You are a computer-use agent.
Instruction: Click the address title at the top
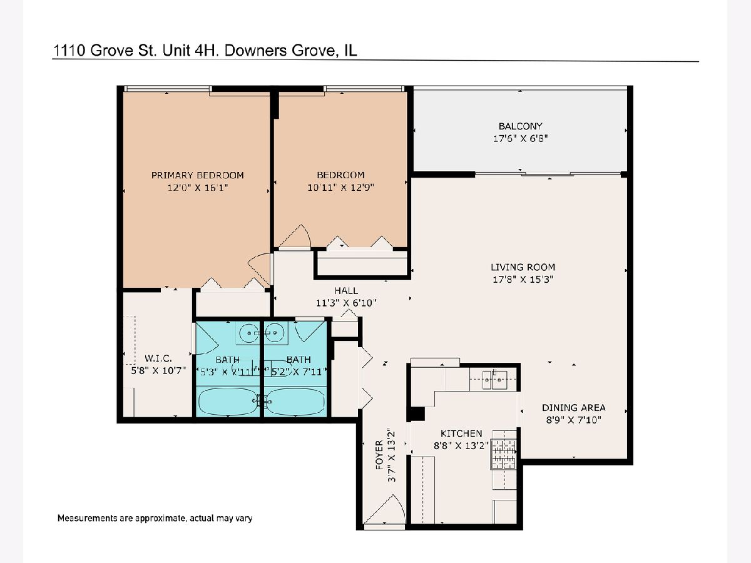205,51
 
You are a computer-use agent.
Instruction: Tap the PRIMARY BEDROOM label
197,175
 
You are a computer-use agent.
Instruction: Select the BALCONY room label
521,126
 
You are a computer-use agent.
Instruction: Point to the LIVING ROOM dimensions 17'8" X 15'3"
523,279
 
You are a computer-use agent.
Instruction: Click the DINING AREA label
573,407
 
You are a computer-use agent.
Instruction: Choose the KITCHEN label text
461,434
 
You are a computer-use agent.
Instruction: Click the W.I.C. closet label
158,358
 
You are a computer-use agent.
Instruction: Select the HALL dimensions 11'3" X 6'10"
346,303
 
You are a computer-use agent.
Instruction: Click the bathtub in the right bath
295,402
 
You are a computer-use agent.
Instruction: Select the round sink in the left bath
249,332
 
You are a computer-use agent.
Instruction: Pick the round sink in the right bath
274,332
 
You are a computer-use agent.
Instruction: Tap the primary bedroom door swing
259,270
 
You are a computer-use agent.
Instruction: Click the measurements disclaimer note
155,518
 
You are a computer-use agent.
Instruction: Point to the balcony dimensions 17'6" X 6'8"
521,138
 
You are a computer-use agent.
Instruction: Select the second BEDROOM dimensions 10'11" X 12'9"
340,187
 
